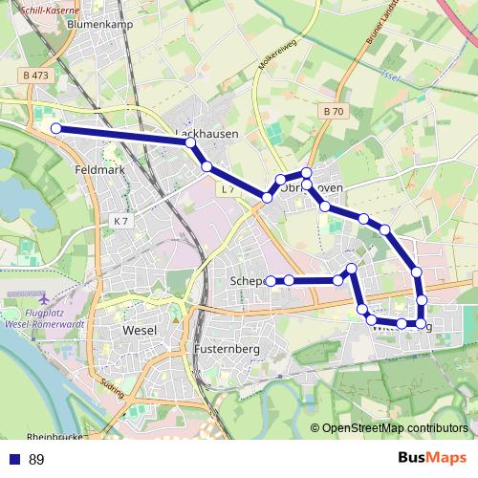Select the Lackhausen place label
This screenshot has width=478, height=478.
click(x=206, y=135)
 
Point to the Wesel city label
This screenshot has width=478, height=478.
click(x=140, y=331)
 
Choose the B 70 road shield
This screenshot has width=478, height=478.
click(x=333, y=111)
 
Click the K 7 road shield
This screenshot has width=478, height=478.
click(x=120, y=221)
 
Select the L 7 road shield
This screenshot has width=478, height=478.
click(x=228, y=190)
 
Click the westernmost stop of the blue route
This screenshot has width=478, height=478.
click(x=55, y=128)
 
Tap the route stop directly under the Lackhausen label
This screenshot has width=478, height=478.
click(x=191, y=142)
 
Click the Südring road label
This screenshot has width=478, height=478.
click(x=113, y=391)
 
